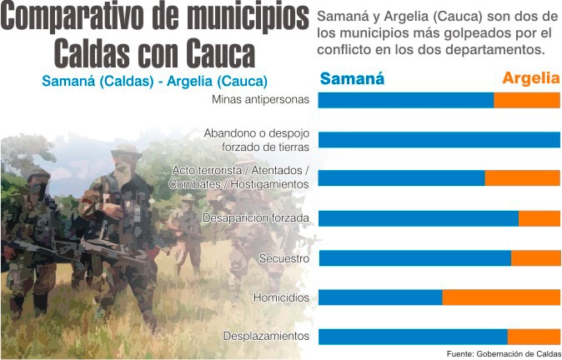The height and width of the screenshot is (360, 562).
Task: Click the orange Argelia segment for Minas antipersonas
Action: point(527,100)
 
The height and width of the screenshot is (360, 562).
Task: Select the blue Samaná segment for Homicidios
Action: point(380,297)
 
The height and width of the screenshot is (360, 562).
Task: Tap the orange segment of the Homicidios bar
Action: point(501,297)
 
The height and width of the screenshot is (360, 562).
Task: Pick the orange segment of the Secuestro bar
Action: point(535,258)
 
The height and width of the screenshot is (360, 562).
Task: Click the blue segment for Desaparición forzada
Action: point(418,218)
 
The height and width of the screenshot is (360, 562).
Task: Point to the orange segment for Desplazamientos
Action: point(534,337)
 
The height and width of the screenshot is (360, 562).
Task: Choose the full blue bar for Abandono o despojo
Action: point(439,139)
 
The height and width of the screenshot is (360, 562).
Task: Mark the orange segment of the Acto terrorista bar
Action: point(522,178)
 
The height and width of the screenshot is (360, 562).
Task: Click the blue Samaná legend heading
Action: point(352,79)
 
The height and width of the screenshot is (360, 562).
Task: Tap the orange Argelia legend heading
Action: point(530,79)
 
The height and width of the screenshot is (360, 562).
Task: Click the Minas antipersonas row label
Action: point(261,100)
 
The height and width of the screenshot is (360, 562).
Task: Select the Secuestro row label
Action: point(284,258)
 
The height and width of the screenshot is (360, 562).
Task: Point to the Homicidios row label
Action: point(281,297)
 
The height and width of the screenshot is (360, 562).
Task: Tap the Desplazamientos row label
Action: point(267,337)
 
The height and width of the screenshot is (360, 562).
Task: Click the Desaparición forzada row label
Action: point(256,218)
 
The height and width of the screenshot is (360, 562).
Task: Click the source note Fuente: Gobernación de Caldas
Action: point(504,352)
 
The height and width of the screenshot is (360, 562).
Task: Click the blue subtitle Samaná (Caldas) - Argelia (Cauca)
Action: point(154,82)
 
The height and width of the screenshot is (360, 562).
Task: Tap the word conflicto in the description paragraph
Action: point(345,50)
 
